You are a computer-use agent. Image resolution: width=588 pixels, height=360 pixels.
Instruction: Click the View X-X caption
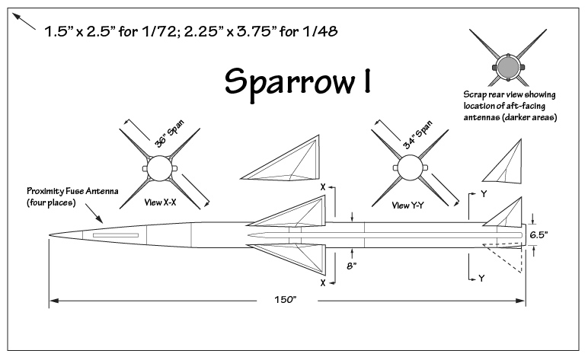tap(161, 203)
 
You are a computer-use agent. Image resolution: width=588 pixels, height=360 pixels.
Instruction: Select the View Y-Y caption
tap(407, 205)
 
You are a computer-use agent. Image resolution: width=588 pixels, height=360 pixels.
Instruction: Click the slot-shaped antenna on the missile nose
tap(116, 236)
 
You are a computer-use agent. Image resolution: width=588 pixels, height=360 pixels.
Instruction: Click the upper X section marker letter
tap(324, 186)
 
